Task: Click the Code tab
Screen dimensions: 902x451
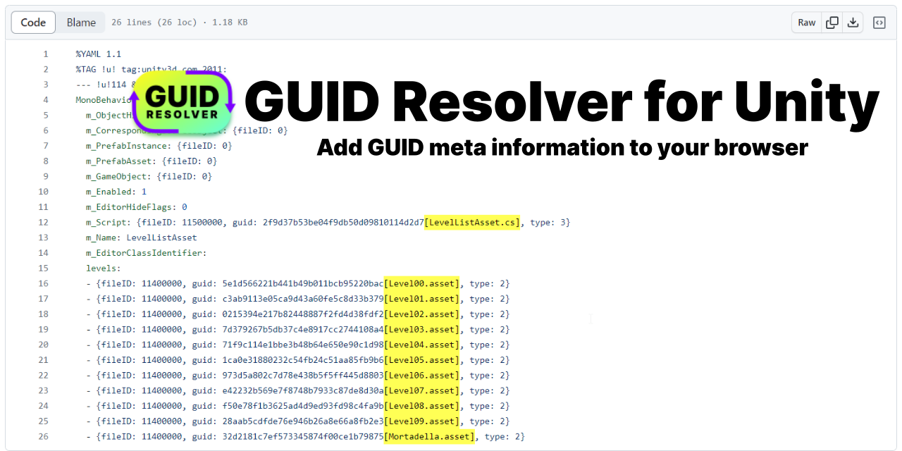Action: coord(33,23)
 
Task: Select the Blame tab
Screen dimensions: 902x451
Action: coord(81,23)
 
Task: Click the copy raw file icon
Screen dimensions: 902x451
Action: coord(832,23)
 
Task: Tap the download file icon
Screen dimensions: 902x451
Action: coord(853,23)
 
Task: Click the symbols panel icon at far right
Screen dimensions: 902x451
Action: coord(879,23)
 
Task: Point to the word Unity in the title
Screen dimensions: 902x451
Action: coord(807,102)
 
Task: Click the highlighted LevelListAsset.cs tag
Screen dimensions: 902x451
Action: coord(472,223)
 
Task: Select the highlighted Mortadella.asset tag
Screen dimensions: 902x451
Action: coord(429,437)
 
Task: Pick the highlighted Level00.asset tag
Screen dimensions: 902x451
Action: coord(421,284)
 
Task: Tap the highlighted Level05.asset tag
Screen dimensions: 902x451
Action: coord(421,360)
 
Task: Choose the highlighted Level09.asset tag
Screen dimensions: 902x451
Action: coord(421,421)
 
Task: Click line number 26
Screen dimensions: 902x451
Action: coord(44,437)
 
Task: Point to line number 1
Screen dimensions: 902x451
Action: coord(46,54)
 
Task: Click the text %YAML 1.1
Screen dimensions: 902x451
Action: coord(99,54)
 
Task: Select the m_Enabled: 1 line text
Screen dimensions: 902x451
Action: coord(116,192)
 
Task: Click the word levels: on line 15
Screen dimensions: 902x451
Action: coord(104,268)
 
